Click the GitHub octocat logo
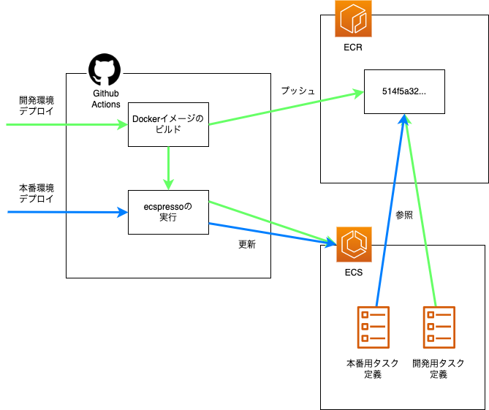click(104, 70)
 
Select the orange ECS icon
click(353, 245)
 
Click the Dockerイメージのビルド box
click(169, 124)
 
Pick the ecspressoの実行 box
click(169, 212)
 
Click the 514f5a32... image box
click(404, 91)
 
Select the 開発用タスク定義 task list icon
click(439, 327)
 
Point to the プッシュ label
click(297, 91)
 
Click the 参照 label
click(404, 216)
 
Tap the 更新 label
click(247, 245)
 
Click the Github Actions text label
click(106, 99)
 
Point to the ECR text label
click(352, 48)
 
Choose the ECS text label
click(353, 273)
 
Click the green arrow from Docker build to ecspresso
click(169, 168)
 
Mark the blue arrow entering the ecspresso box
click(66, 212)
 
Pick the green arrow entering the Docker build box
click(66, 124)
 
